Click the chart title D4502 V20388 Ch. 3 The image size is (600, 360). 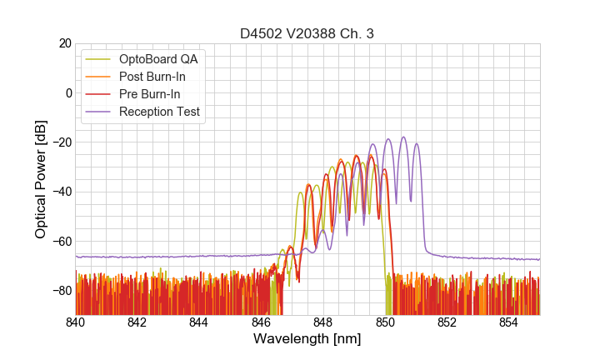pyautogui.click(x=307, y=34)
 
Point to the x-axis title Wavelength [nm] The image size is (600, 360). pyautogui.click(x=307, y=339)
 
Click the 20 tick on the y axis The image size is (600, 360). pyautogui.click(x=63, y=43)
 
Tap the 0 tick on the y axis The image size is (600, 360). pyautogui.click(x=67, y=92)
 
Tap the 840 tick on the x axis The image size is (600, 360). pyautogui.click(x=76, y=322)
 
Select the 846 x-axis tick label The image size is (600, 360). pyautogui.click(x=262, y=322)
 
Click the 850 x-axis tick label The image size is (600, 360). pyautogui.click(x=385, y=322)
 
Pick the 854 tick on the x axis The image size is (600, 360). pyautogui.click(x=509, y=322)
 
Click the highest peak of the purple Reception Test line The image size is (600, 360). pyautogui.click(x=403, y=137)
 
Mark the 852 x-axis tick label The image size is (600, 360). pyautogui.click(x=447, y=322)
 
